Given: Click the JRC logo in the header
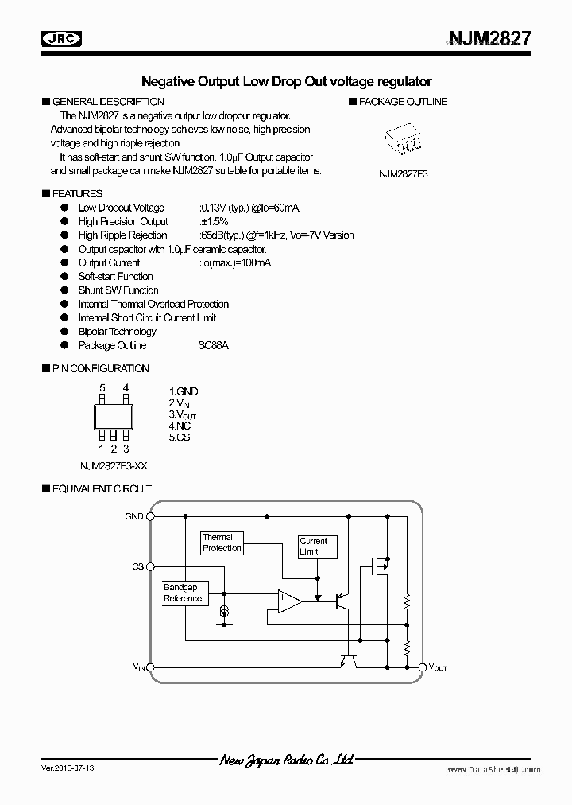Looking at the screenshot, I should pos(63,38).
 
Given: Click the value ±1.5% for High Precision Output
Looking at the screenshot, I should pos(214,221).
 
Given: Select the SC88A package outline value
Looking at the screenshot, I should pos(214,345).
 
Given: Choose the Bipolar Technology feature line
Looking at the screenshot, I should pos(118,332).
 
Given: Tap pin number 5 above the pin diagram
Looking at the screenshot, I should pos(102,388).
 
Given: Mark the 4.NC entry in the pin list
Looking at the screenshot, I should pos(180,426).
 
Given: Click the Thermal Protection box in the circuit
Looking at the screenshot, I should pos(222,543).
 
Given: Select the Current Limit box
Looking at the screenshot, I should pos(315,546).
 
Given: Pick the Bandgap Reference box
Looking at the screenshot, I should pos(183,593).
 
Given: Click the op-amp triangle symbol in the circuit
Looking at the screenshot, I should pos(288,601).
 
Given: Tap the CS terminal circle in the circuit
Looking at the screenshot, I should pos(152,567).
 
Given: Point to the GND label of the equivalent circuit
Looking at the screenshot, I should pos(134,516).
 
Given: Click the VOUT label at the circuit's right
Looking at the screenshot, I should pos(438,667).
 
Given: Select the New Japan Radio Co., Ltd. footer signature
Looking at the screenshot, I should pos(287,761).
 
